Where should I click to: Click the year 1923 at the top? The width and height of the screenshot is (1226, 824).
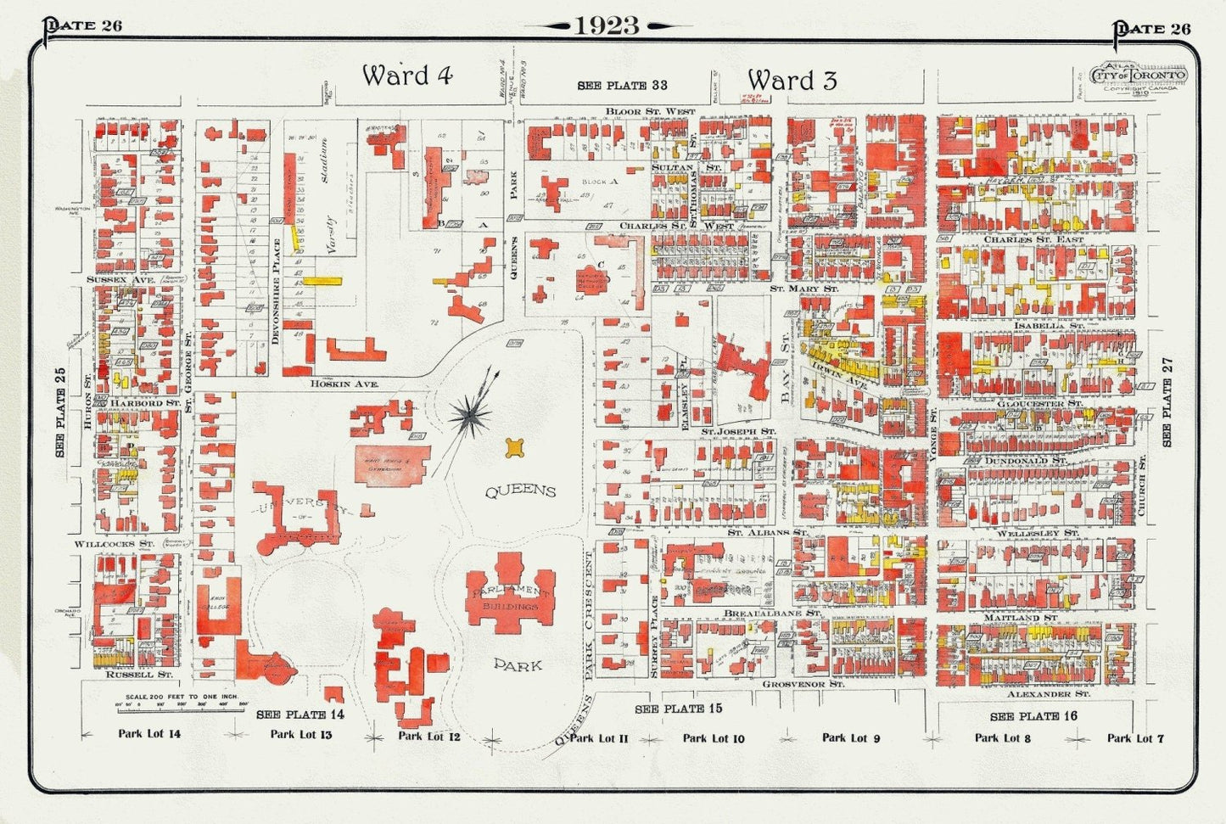(607, 25)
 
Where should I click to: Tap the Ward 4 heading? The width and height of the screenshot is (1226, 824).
(407, 76)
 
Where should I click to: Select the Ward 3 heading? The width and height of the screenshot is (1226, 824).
(792, 81)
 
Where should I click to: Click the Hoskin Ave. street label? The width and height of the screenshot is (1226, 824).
(344, 384)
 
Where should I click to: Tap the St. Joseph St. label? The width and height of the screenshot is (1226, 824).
(737, 431)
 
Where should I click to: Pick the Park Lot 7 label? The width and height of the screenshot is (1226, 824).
(1135, 738)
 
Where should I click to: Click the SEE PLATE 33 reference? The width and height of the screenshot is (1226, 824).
(622, 86)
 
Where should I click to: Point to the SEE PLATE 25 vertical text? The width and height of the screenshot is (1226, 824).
(60, 411)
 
